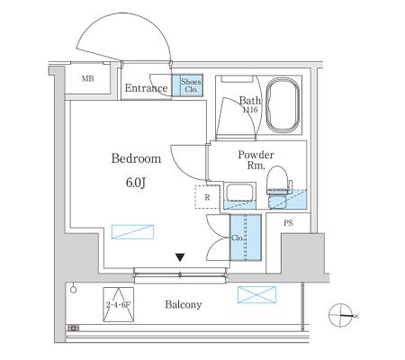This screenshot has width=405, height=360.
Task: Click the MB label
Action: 87,78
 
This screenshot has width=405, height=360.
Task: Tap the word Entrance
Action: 146,88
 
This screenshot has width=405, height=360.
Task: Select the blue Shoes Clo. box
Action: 187,85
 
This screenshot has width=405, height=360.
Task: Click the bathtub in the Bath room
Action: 283,105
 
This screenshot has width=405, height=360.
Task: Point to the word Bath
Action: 249,100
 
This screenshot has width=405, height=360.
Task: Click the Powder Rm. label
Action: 256,159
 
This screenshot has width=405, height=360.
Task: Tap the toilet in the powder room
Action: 279,187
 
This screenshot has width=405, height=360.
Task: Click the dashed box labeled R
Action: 207,197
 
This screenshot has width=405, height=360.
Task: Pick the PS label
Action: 288,223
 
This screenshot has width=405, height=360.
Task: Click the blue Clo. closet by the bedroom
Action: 246,238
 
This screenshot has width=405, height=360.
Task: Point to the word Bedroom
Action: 136,158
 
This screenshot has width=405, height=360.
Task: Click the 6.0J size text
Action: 136,182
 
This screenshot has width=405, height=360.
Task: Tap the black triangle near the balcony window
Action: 180,257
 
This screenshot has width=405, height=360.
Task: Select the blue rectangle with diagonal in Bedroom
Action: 132,231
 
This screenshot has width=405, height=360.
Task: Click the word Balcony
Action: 184,304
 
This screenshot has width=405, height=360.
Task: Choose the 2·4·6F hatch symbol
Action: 119,304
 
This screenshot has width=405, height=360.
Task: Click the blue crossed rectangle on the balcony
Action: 256,294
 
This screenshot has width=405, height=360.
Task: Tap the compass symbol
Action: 341,315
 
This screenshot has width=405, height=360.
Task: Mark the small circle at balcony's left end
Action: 74,290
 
